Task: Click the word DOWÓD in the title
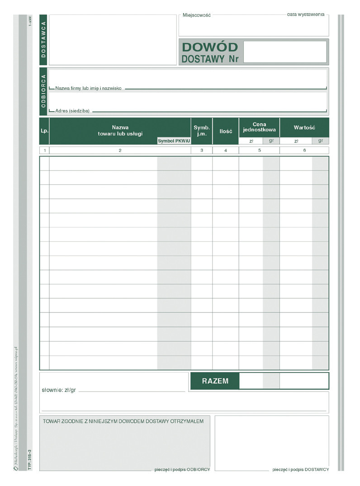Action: point(209,47)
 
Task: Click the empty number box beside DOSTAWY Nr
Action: point(285,52)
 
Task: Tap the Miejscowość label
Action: point(197,15)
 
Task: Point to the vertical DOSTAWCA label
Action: point(43,40)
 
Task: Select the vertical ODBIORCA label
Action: point(43,91)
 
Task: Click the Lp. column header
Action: point(44,131)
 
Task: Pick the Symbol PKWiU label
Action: point(174,141)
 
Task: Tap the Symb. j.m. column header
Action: point(202,131)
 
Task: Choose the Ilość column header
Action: point(226,131)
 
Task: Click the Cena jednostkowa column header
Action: point(259,127)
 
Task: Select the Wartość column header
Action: point(304,127)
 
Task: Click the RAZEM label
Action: point(215,381)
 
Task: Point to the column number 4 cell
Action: point(226,150)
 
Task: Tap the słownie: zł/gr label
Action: point(59,390)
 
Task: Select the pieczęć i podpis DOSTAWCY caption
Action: point(300,469)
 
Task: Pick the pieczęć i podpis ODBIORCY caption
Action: point(182,469)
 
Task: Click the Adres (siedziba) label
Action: point(72,111)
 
